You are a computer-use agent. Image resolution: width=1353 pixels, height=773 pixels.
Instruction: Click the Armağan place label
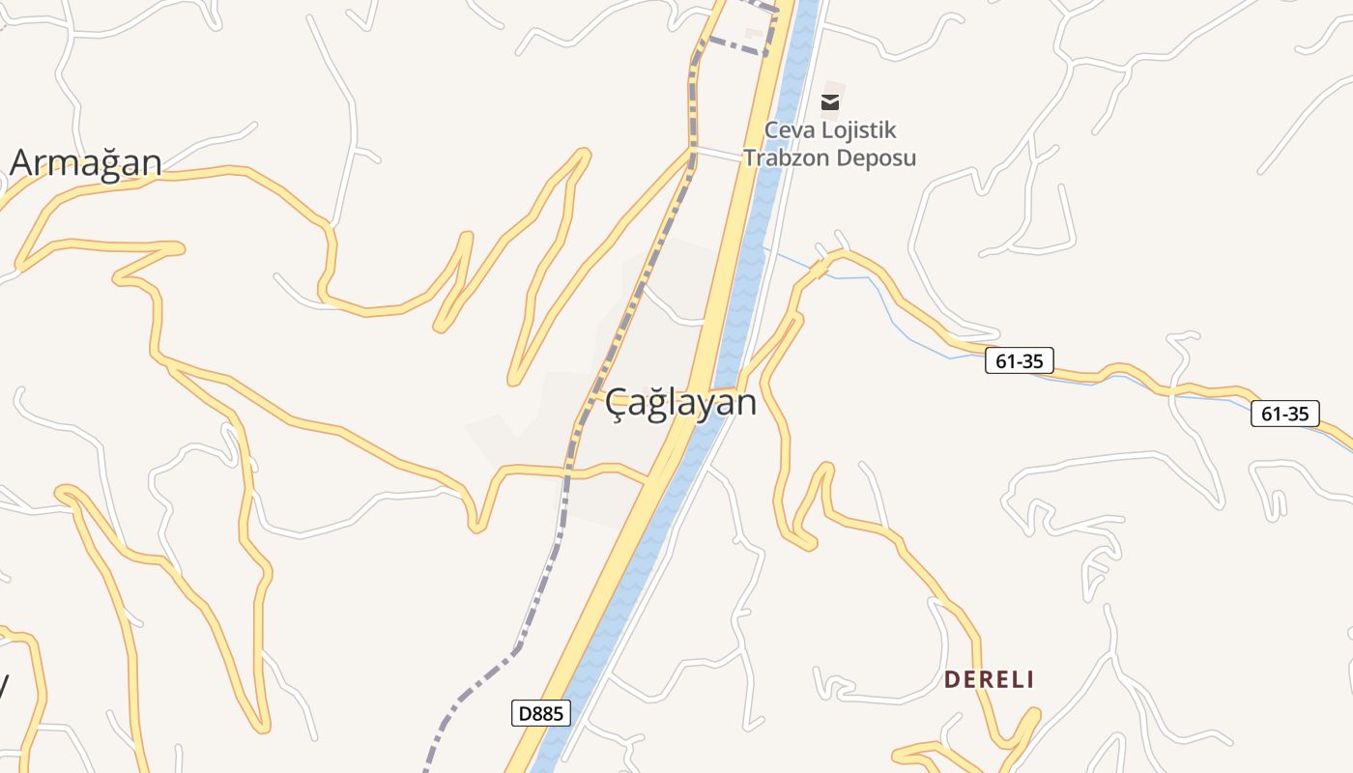[85, 162]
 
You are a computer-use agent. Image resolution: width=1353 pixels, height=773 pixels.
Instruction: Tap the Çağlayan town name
[680, 402]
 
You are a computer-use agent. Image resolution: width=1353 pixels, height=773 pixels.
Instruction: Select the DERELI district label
[989, 679]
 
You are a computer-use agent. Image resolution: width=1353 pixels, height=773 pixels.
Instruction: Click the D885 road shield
[540, 714]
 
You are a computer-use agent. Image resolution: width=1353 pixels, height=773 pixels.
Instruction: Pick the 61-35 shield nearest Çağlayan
[1020, 361]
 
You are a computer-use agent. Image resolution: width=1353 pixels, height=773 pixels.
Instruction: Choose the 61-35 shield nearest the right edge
[1284, 414]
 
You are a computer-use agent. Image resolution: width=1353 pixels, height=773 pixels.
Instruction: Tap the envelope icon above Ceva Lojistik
[830, 101]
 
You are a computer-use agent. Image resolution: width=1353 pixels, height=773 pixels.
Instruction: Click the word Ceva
[789, 130]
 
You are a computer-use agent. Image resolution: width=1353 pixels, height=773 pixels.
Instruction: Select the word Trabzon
[781, 157]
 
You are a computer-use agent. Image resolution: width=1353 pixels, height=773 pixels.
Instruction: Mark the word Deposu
[876, 157]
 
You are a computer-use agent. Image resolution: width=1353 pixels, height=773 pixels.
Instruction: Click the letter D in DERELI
[951, 679]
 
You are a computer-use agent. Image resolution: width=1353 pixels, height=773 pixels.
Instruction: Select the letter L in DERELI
[1015, 679]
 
